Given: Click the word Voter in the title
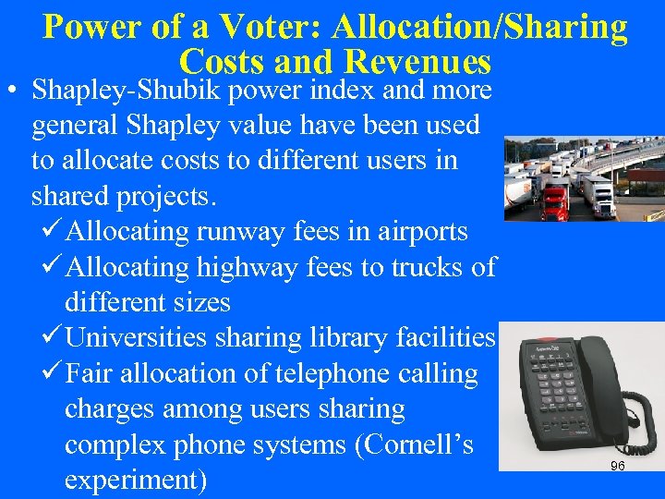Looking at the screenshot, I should (x=273, y=27).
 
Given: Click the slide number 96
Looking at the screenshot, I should (x=617, y=467).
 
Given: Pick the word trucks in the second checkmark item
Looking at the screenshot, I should (x=429, y=267).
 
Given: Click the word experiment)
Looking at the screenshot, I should (x=136, y=481).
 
